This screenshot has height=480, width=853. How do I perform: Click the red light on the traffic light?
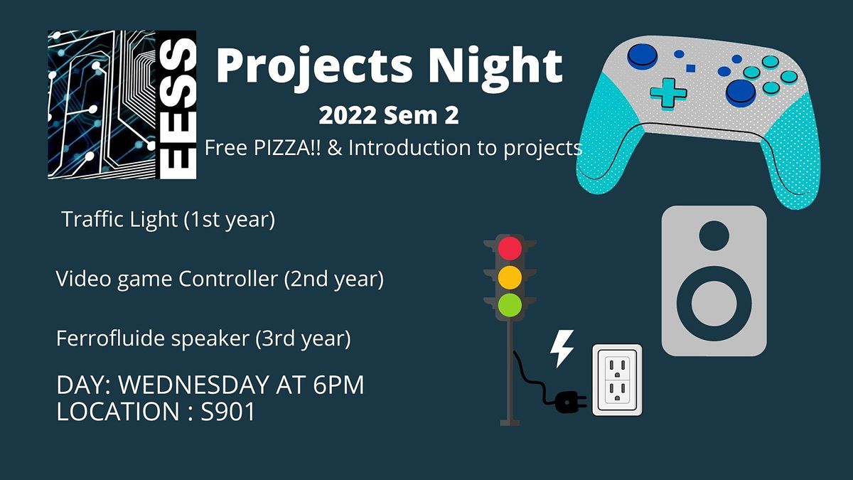coord(510,248)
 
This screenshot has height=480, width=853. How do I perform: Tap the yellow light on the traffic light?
coord(510,277)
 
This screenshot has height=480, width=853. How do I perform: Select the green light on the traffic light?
coord(510,304)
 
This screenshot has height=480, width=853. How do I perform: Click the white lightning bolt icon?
coord(562,348)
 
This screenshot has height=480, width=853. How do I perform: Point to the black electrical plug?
coord(568,403)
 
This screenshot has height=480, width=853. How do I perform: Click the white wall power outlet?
coord(617,380)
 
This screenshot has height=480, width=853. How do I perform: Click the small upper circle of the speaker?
coord(714,235)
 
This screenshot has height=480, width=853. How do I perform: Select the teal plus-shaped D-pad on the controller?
coord(669,92)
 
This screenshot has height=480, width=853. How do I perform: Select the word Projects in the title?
coord(313,66)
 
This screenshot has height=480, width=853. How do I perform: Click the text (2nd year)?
coord(334,279)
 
